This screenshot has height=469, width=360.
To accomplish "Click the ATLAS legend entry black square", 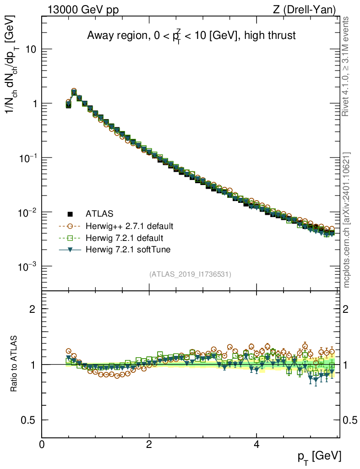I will coord(71,213).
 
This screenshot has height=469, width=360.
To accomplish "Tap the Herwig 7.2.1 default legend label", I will coord(125,238).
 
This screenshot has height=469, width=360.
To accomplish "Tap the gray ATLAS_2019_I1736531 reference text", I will coord(190,274).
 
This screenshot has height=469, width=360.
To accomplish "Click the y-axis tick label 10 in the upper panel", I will coord(30,49).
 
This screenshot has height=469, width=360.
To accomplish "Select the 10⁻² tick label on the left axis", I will coord(28,212).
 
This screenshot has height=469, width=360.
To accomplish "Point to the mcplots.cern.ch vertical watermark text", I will coord(346,220).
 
